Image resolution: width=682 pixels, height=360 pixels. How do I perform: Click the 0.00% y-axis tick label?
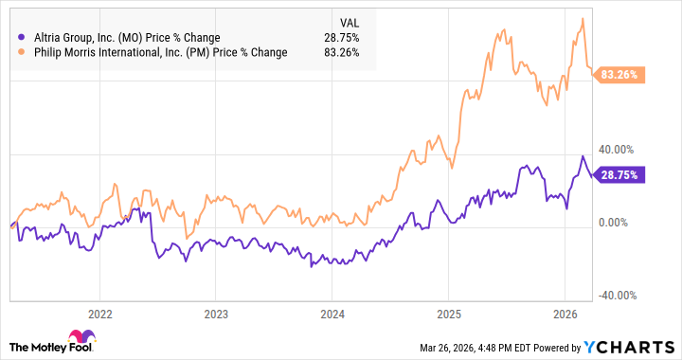615,223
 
